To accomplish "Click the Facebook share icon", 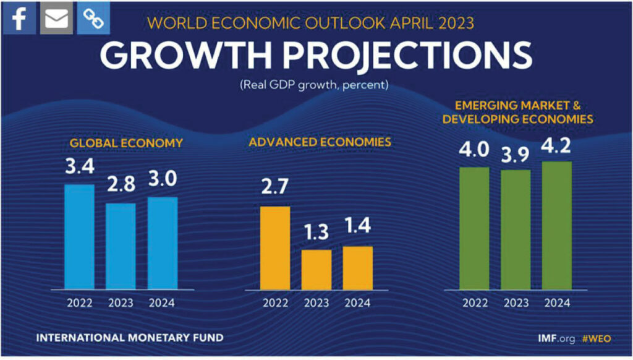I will (19, 19).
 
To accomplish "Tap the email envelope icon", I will (56, 19).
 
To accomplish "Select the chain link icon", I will (94, 19).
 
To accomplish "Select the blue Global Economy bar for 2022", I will (80, 236).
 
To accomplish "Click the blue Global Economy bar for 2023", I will (121, 246).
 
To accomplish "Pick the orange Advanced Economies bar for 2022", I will (275, 247).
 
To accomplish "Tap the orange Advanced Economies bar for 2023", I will (316, 269).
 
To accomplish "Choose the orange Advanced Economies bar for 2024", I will (358, 267).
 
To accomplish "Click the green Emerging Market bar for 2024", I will (556, 225).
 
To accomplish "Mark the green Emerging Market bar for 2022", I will (474, 228).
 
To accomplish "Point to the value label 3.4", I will (80, 168).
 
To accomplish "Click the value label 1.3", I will (316, 234).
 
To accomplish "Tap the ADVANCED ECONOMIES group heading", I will (320, 142).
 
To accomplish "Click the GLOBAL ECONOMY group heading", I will (126, 143).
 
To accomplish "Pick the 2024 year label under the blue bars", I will (162, 303).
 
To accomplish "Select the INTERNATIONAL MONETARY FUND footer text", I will (130, 338).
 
